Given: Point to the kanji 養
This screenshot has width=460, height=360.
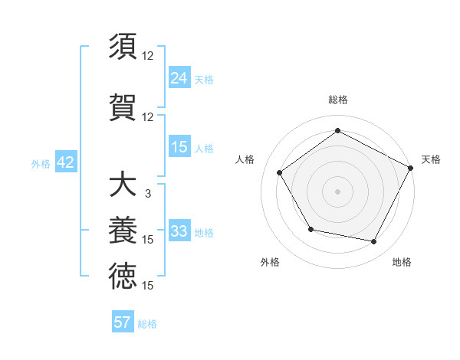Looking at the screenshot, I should tap(123, 231).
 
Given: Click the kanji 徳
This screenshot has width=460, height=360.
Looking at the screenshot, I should tap(123, 276).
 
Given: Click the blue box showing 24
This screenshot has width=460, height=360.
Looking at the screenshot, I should tap(179, 77).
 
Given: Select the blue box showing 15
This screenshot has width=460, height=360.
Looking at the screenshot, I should tap(179, 147).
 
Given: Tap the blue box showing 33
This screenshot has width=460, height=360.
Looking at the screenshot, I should tap(179, 231).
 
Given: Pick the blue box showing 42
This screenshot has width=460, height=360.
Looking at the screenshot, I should tap(64, 162).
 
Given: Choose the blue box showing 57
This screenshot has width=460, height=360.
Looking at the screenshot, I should tap(123, 322).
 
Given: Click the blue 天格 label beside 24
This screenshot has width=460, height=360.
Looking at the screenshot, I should tap(204, 79).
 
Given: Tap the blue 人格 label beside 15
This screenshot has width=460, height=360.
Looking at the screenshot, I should tap(204, 149).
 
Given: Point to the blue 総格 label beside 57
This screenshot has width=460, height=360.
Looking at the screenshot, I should tap(147, 324).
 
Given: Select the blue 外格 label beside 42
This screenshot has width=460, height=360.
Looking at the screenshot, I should tap(40, 164).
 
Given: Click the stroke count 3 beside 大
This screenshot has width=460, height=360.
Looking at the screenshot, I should tap(147, 194).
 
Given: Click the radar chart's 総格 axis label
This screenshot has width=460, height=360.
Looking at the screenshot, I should tap(337, 100).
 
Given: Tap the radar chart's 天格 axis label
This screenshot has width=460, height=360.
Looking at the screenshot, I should tap(431, 159).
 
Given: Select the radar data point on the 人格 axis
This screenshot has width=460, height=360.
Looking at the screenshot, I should tap(279, 172).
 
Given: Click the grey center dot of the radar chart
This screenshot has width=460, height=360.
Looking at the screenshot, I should tap(337, 191).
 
